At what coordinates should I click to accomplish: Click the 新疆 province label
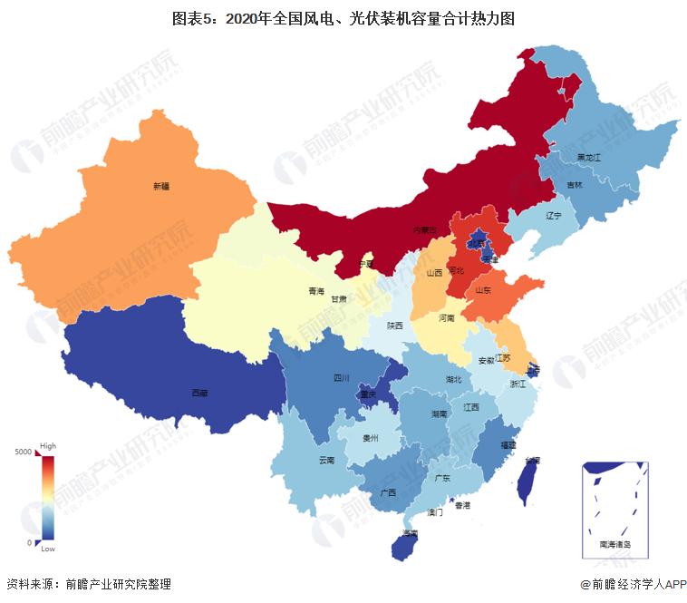(160, 186)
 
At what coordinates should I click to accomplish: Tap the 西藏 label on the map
(198, 393)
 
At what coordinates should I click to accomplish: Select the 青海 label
(315, 292)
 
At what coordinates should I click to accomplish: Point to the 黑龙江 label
(589, 157)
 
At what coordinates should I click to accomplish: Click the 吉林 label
(575, 185)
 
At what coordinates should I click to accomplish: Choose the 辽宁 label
(554, 216)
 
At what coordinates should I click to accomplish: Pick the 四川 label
(342, 378)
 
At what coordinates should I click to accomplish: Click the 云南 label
(327, 460)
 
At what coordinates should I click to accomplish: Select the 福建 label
(508, 445)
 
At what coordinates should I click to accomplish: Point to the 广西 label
(388, 492)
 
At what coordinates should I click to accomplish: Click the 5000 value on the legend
(24, 452)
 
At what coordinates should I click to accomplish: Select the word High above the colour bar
(48, 446)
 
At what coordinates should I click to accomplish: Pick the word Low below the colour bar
(48, 550)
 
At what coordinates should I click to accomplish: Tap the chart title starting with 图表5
(343, 18)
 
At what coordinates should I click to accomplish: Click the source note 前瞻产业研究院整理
(117, 585)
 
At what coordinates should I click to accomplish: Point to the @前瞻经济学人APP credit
(626, 585)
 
